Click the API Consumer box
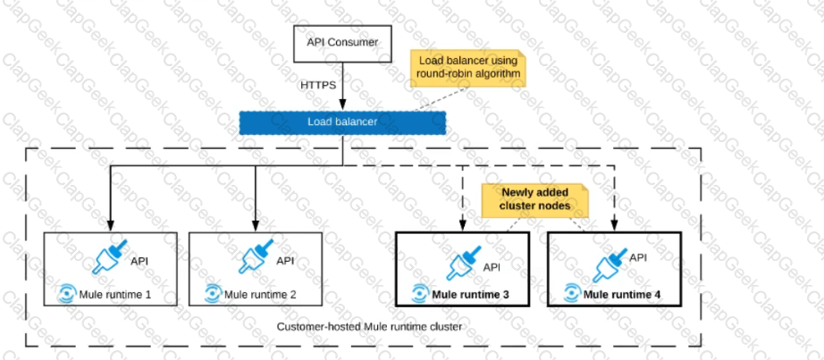(342, 44)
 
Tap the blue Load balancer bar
(342, 122)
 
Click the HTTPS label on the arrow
(318, 85)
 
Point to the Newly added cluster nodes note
(535, 200)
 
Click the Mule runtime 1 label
(115, 294)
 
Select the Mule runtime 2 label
(260, 294)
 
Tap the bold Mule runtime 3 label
(470, 293)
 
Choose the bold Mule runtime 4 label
(622, 293)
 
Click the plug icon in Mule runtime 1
(109, 257)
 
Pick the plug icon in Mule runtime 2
(256, 257)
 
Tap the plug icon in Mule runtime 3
(464, 263)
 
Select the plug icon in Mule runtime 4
(610, 265)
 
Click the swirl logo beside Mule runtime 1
(68, 294)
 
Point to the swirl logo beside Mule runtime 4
(572, 293)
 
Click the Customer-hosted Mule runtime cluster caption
(369, 327)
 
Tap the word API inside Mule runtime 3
(492, 267)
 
